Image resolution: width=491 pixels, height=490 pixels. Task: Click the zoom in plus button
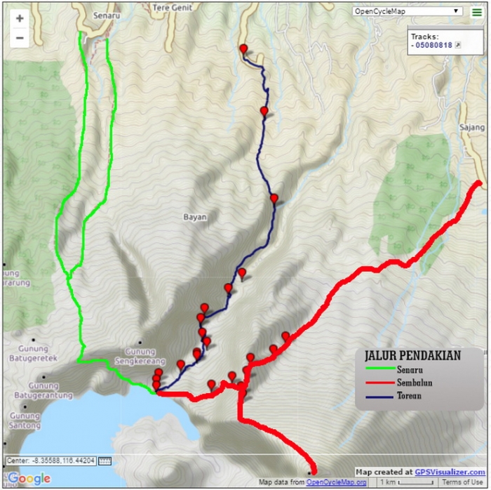(x=20, y=19)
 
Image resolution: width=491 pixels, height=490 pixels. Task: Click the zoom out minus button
(x=20, y=38)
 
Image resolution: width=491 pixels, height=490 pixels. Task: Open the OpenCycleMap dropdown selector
(x=407, y=11)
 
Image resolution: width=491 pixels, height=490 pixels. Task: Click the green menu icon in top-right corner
(x=476, y=11)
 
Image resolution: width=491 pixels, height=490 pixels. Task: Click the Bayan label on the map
(x=195, y=217)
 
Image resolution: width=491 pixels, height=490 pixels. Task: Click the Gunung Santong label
(x=25, y=421)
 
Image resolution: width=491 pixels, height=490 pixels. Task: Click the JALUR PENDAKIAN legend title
(x=413, y=356)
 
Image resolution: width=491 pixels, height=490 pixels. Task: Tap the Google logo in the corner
(x=29, y=479)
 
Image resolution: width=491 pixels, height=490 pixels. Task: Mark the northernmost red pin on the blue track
(x=243, y=48)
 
